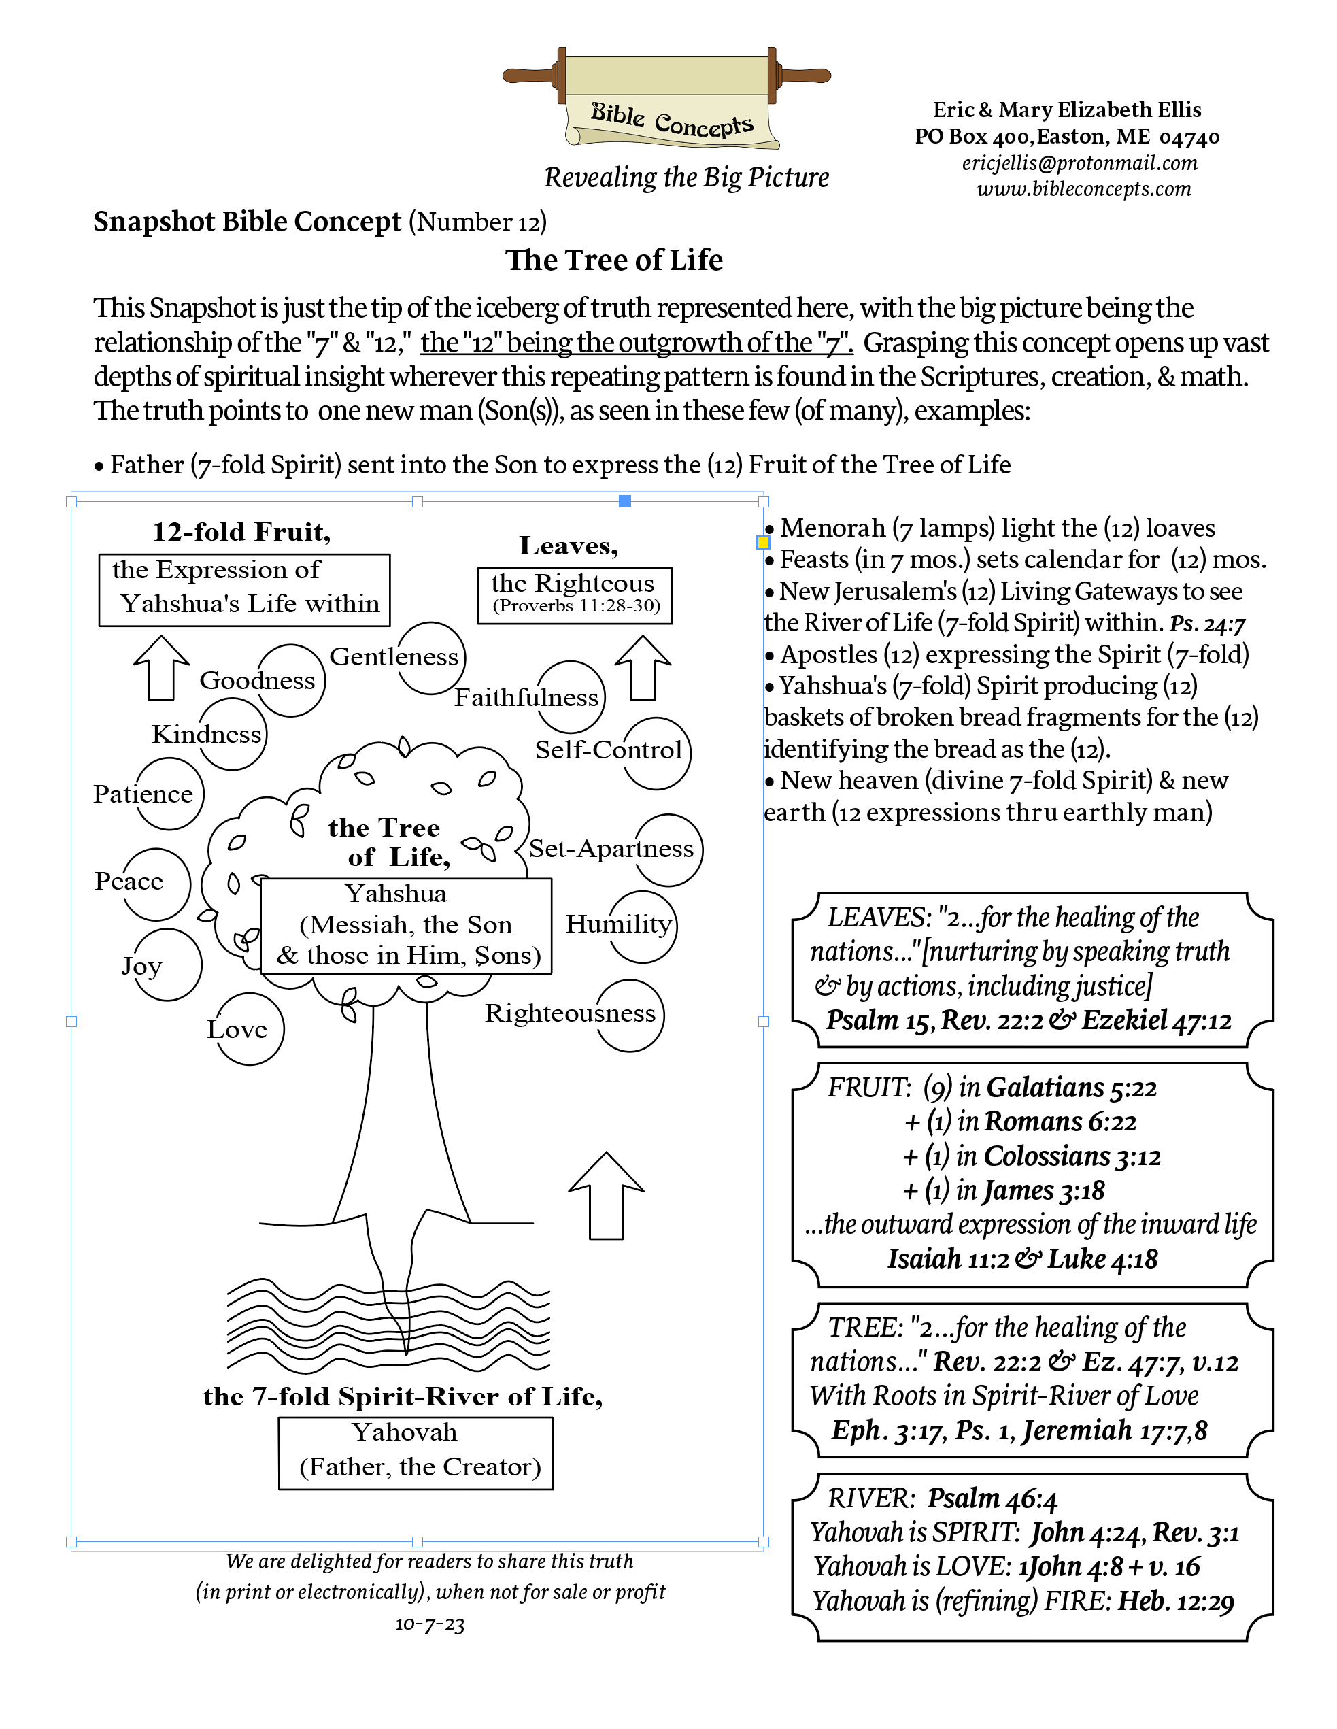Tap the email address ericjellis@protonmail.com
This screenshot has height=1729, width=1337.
1079,163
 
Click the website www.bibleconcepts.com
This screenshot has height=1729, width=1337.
1083,189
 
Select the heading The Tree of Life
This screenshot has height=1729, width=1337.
613,260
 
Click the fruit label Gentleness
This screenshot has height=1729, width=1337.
394,656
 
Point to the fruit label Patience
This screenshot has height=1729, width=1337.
143,794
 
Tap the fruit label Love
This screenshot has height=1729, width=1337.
237,1029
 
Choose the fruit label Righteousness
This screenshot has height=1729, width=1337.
570,1013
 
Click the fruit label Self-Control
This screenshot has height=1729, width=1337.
608,750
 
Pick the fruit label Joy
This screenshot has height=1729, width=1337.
141,966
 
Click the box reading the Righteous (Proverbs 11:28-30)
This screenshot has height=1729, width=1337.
575,595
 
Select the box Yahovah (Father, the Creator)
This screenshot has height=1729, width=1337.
416,1453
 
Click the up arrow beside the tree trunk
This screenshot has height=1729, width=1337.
607,1196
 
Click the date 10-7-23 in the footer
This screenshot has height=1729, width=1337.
430,1624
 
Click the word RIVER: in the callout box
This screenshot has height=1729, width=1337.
870,1498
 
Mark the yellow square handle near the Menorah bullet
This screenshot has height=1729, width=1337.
763,542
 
